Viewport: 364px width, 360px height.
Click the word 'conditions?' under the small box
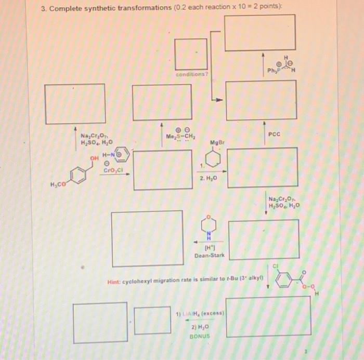[x=191, y=74]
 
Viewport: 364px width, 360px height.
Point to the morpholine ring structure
[x=209, y=224]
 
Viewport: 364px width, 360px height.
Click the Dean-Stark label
[x=209, y=256]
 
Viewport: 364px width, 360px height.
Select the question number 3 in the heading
[x=45, y=7]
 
